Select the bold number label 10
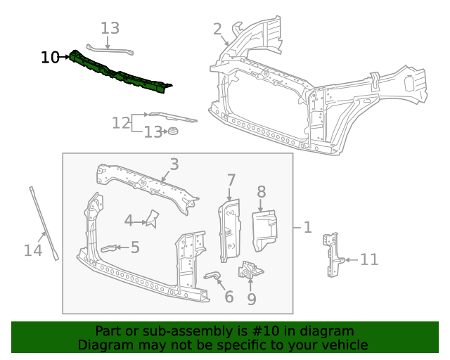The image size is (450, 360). [50, 58]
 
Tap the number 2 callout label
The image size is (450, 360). [218, 29]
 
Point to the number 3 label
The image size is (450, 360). [174, 164]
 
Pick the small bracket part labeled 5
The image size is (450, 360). [110, 247]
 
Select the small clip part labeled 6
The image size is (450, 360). [212, 275]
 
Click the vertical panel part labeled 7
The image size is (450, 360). [229, 229]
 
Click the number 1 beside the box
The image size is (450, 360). [307, 227]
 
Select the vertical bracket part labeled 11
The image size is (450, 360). [331, 256]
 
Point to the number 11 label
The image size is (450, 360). [369, 259]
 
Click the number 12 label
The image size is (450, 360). [121, 123]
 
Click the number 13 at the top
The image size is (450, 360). [110, 28]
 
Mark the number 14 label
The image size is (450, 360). [33, 250]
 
